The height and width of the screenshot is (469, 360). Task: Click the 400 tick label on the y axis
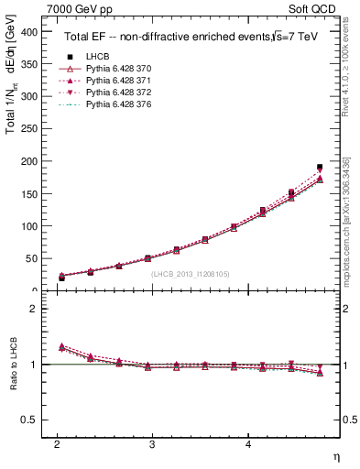pyautogui.click(x=30, y=31)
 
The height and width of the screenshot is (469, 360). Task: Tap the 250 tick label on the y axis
pyautogui.click(x=30, y=129)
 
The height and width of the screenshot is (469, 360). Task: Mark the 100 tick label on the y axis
pyautogui.click(x=30, y=226)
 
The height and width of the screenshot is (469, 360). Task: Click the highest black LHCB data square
pyautogui.click(x=320, y=168)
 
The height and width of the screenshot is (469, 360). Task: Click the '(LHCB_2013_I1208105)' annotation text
pyautogui.click(x=190, y=273)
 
